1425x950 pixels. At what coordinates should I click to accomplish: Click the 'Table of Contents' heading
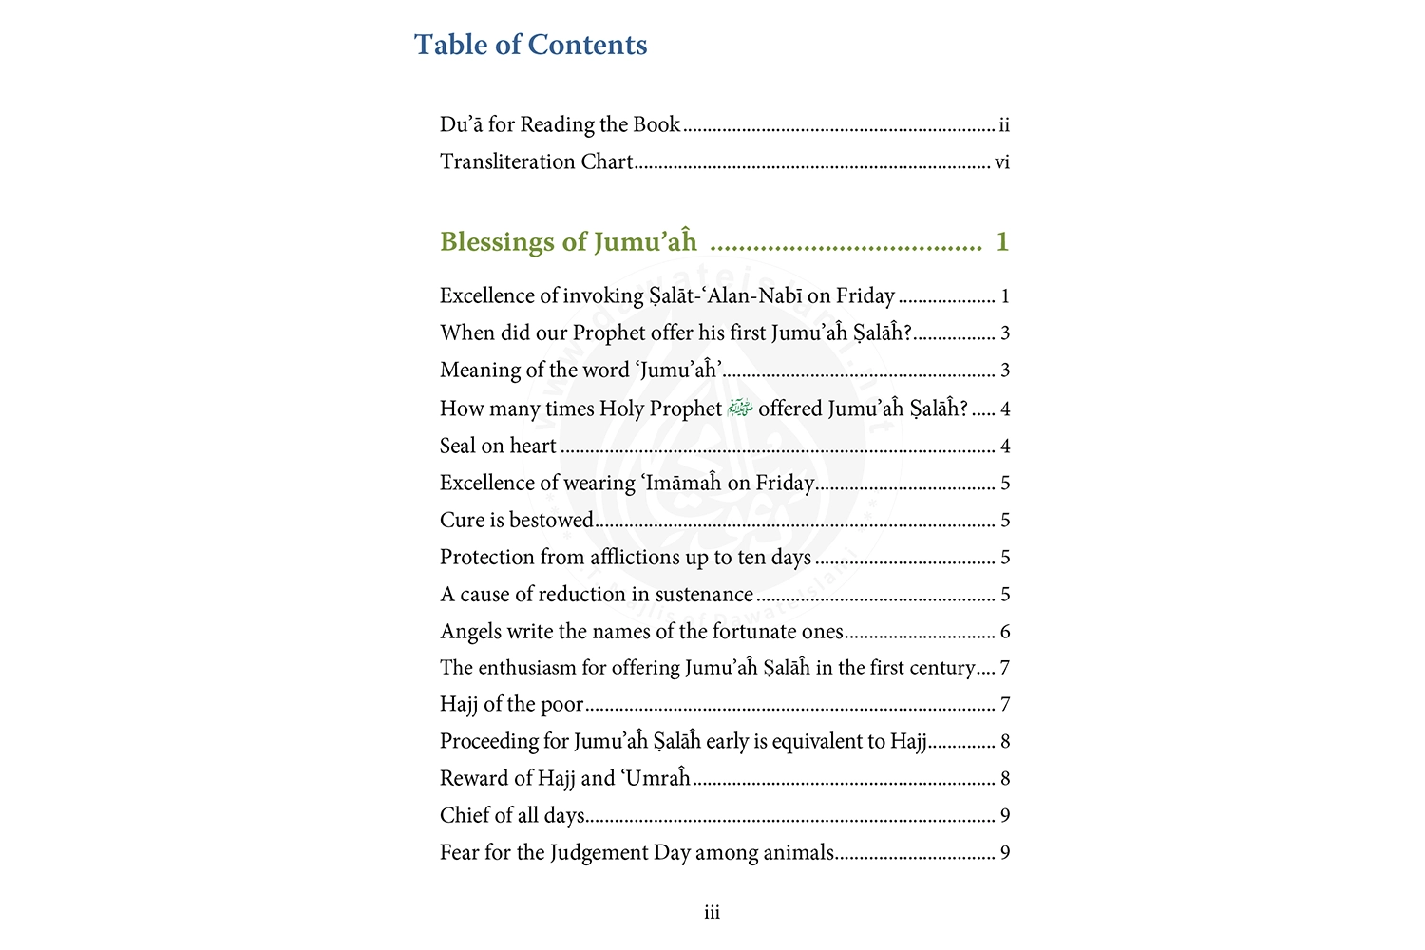pyautogui.click(x=530, y=45)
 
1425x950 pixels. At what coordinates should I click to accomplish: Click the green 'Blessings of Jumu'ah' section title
pyautogui.click(x=568, y=242)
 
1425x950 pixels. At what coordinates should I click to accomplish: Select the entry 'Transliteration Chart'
pyautogui.click(x=536, y=161)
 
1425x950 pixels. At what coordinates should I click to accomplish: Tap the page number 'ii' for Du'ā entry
pyautogui.click(x=1004, y=124)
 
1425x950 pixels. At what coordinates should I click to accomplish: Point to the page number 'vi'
pyautogui.click(x=1002, y=162)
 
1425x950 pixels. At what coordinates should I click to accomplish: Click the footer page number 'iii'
pyautogui.click(x=712, y=913)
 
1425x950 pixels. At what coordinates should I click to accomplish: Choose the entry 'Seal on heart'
pyautogui.click(x=498, y=446)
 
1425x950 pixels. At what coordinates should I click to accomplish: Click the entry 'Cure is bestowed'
pyautogui.click(x=517, y=520)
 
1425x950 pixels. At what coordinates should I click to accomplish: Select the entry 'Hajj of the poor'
pyautogui.click(x=511, y=704)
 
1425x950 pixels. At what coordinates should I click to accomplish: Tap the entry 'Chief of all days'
pyautogui.click(x=512, y=815)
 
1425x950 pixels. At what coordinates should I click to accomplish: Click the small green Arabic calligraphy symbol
pyautogui.click(x=740, y=408)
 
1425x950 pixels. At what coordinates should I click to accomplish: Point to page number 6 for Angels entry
pyautogui.click(x=1005, y=632)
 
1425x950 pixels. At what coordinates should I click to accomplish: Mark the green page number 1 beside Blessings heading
pyautogui.click(x=1002, y=242)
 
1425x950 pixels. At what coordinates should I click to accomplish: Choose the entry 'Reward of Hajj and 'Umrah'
pyautogui.click(x=565, y=778)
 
